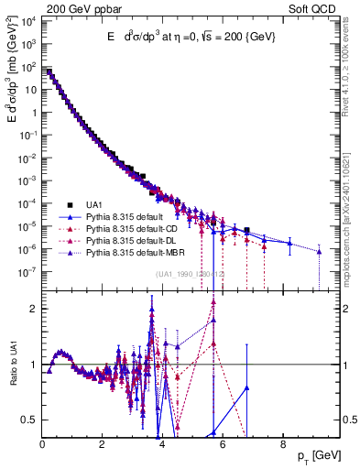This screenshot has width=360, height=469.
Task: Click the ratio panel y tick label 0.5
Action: coord(29,420)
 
